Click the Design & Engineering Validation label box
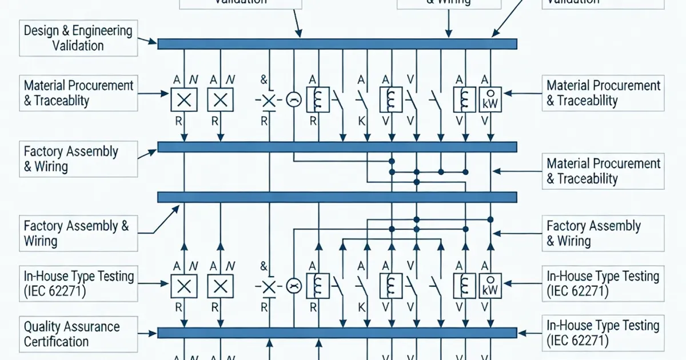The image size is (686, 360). (78, 38)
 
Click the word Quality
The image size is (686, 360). (43, 327)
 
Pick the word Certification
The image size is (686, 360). (56, 342)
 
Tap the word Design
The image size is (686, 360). (42, 30)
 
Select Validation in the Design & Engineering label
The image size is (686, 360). (78, 46)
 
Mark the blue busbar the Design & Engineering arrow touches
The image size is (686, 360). (337, 44)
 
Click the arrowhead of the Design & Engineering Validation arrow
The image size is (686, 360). (153, 42)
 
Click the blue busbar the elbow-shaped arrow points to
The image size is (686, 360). (337, 197)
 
